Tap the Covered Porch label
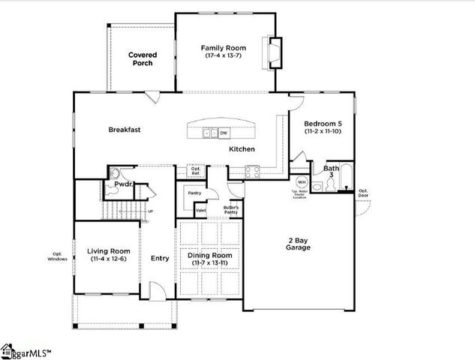[x=141, y=58]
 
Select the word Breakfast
[x=125, y=130]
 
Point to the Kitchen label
[x=242, y=149]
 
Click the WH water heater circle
[x=302, y=181]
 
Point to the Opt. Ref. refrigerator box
[x=196, y=172]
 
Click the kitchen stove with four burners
[x=251, y=170]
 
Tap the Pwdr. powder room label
[x=124, y=184]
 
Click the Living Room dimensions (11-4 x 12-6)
[x=109, y=259]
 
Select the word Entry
[x=160, y=259]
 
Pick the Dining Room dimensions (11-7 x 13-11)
[x=210, y=263]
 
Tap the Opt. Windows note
[x=60, y=256]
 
